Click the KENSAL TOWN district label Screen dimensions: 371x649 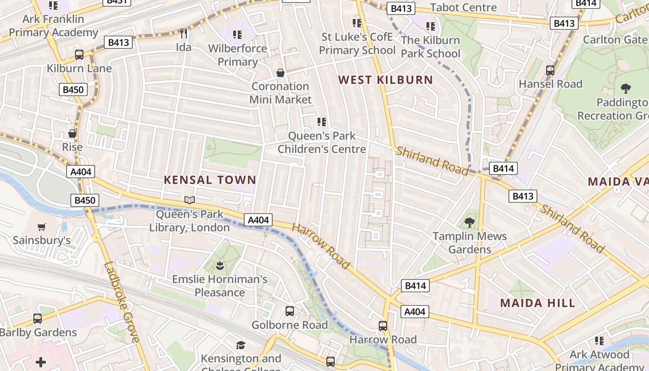click(x=210, y=180)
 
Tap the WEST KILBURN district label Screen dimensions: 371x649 click(x=385, y=80)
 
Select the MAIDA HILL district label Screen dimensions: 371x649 click(x=537, y=303)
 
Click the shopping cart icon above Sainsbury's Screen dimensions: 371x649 click(x=42, y=227)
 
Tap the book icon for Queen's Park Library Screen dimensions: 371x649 click(x=190, y=200)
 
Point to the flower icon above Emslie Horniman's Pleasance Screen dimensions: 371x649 click(x=220, y=266)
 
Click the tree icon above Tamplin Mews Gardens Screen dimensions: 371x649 click(x=470, y=223)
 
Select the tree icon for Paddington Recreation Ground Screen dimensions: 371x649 click(x=625, y=89)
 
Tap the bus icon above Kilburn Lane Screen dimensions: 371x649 click(x=79, y=55)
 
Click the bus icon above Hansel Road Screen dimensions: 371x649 click(x=550, y=70)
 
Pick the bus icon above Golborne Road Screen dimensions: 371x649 click(x=290, y=311)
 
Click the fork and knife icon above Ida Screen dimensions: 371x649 click(x=184, y=33)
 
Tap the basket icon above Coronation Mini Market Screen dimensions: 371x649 click(x=280, y=73)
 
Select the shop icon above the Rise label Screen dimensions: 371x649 click(x=72, y=134)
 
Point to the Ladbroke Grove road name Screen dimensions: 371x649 click(x=122, y=302)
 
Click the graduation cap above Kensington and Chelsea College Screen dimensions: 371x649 click(x=241, y=345)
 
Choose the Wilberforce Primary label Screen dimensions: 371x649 click(x=237, y=55)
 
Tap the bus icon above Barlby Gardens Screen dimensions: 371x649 click(x=38, y=319)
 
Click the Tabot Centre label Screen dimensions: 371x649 click(x=463, y=7)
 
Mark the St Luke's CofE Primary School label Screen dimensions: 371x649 click(x=357, y=44)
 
